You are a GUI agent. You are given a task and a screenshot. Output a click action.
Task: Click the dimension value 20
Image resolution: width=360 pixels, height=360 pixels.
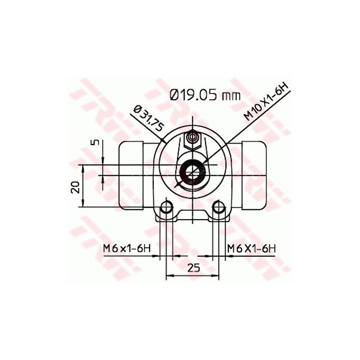[x=75, y=186]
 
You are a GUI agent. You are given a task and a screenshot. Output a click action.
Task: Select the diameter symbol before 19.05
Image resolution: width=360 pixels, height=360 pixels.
[x=173, y=94]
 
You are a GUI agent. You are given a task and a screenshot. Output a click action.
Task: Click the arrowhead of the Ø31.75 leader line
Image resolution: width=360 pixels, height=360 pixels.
[x=164, y=140]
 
